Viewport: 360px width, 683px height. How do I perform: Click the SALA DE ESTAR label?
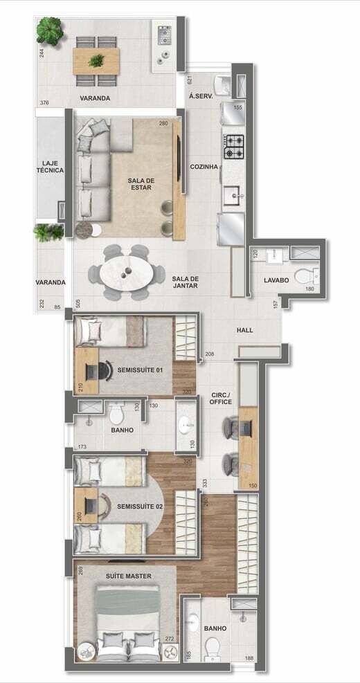click(140, 184)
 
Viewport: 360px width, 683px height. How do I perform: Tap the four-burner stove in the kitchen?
click(234, 147)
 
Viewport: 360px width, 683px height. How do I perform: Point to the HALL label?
click(245, 330)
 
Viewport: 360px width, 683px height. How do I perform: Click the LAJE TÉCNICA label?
click(50, 166)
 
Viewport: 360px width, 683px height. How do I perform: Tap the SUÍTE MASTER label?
click(129, 576)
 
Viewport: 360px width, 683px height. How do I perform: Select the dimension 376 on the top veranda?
click(44, 103)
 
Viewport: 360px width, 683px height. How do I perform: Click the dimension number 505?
click(78, 303)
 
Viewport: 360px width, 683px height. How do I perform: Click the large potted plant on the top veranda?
click(50, 31)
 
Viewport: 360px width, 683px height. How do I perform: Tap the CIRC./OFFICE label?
click(221, 398)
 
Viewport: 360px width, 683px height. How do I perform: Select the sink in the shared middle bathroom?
click(186, 424)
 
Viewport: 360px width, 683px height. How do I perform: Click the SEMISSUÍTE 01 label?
click(140, 370)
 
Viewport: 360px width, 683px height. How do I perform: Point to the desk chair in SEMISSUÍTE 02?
click(104, 505)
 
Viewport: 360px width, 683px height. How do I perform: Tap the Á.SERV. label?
click(201, 96)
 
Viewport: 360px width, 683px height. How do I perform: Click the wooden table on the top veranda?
click(96, 61)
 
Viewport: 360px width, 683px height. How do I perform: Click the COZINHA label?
click(204, 166)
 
